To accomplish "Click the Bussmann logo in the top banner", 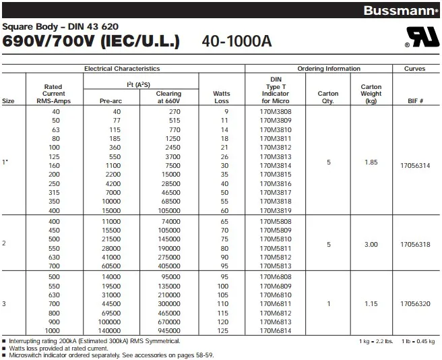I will (x=402, y=10).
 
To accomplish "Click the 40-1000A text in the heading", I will (x=236, y=41).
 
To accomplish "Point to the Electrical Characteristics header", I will (x=121, y=69).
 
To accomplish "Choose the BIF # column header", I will (x=414, y=101).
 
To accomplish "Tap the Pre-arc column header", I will (x=110, y=101).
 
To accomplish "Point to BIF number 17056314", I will (x=414, y=164).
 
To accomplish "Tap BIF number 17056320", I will (x=414, y=303).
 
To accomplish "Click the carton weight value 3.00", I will (x=371, y=244).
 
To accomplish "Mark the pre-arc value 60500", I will (x=111, y=266).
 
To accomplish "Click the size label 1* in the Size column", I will (x=6, y=162).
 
